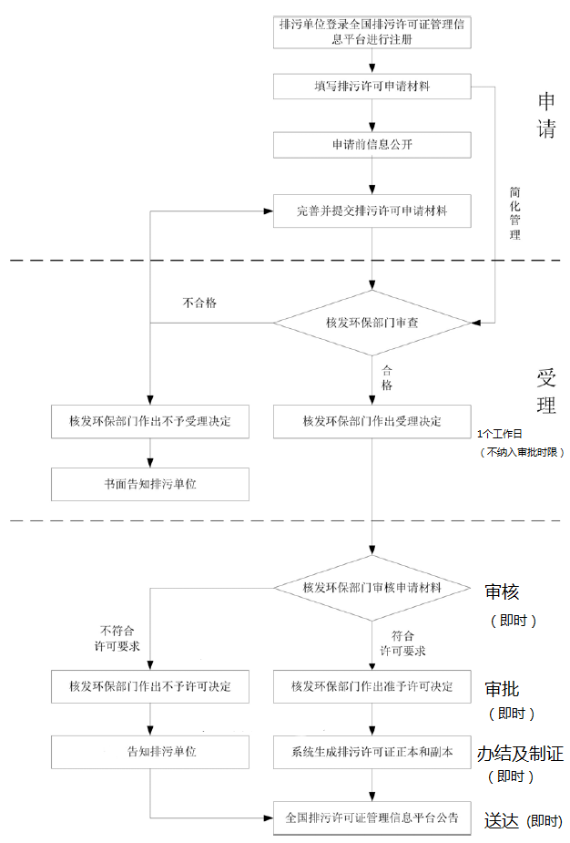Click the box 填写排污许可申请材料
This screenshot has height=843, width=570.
(x=372, y=87)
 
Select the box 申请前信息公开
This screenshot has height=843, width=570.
(x=372, y=145)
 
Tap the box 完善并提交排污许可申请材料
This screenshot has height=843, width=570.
(x=372, y=211)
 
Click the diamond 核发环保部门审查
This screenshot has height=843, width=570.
(x=372, y=323)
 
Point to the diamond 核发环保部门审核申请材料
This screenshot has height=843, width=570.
(x=372, y=588)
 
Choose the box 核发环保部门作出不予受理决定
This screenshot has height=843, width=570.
(x=150, y=421)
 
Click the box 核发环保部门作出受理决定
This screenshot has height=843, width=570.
(x=372, y=421)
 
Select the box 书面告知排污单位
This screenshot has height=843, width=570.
(x=150, y=484)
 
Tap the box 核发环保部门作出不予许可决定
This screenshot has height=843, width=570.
(x=150, y=686)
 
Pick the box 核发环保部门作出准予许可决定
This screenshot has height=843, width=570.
(x=372, y=686)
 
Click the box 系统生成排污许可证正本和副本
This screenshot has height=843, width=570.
(x=372, y=752)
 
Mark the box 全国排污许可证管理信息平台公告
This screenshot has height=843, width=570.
(x=372, y=817)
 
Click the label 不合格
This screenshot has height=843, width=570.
(x=199, y=303)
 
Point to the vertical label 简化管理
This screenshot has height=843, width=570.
(x=515, y=213)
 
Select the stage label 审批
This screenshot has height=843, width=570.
(x=503, y=689)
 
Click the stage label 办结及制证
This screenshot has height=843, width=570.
(x=520, y=754)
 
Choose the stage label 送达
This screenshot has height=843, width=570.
(x=500, y=820)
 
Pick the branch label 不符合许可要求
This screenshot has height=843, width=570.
(x=117, y=637)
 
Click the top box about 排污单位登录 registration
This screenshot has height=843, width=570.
(x=372, y=31)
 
